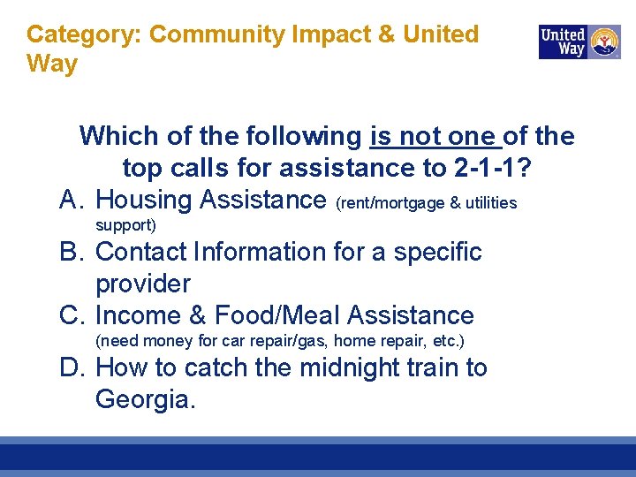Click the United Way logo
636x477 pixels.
click(579, 42)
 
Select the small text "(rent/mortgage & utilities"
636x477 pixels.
click(427, 203)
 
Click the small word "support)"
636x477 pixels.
click(125, 225)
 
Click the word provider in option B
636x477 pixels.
click(143, 284)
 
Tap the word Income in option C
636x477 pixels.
click(139, 315)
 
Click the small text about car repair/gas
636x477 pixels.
click(280, 341)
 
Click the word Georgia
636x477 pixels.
click(146, 399)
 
